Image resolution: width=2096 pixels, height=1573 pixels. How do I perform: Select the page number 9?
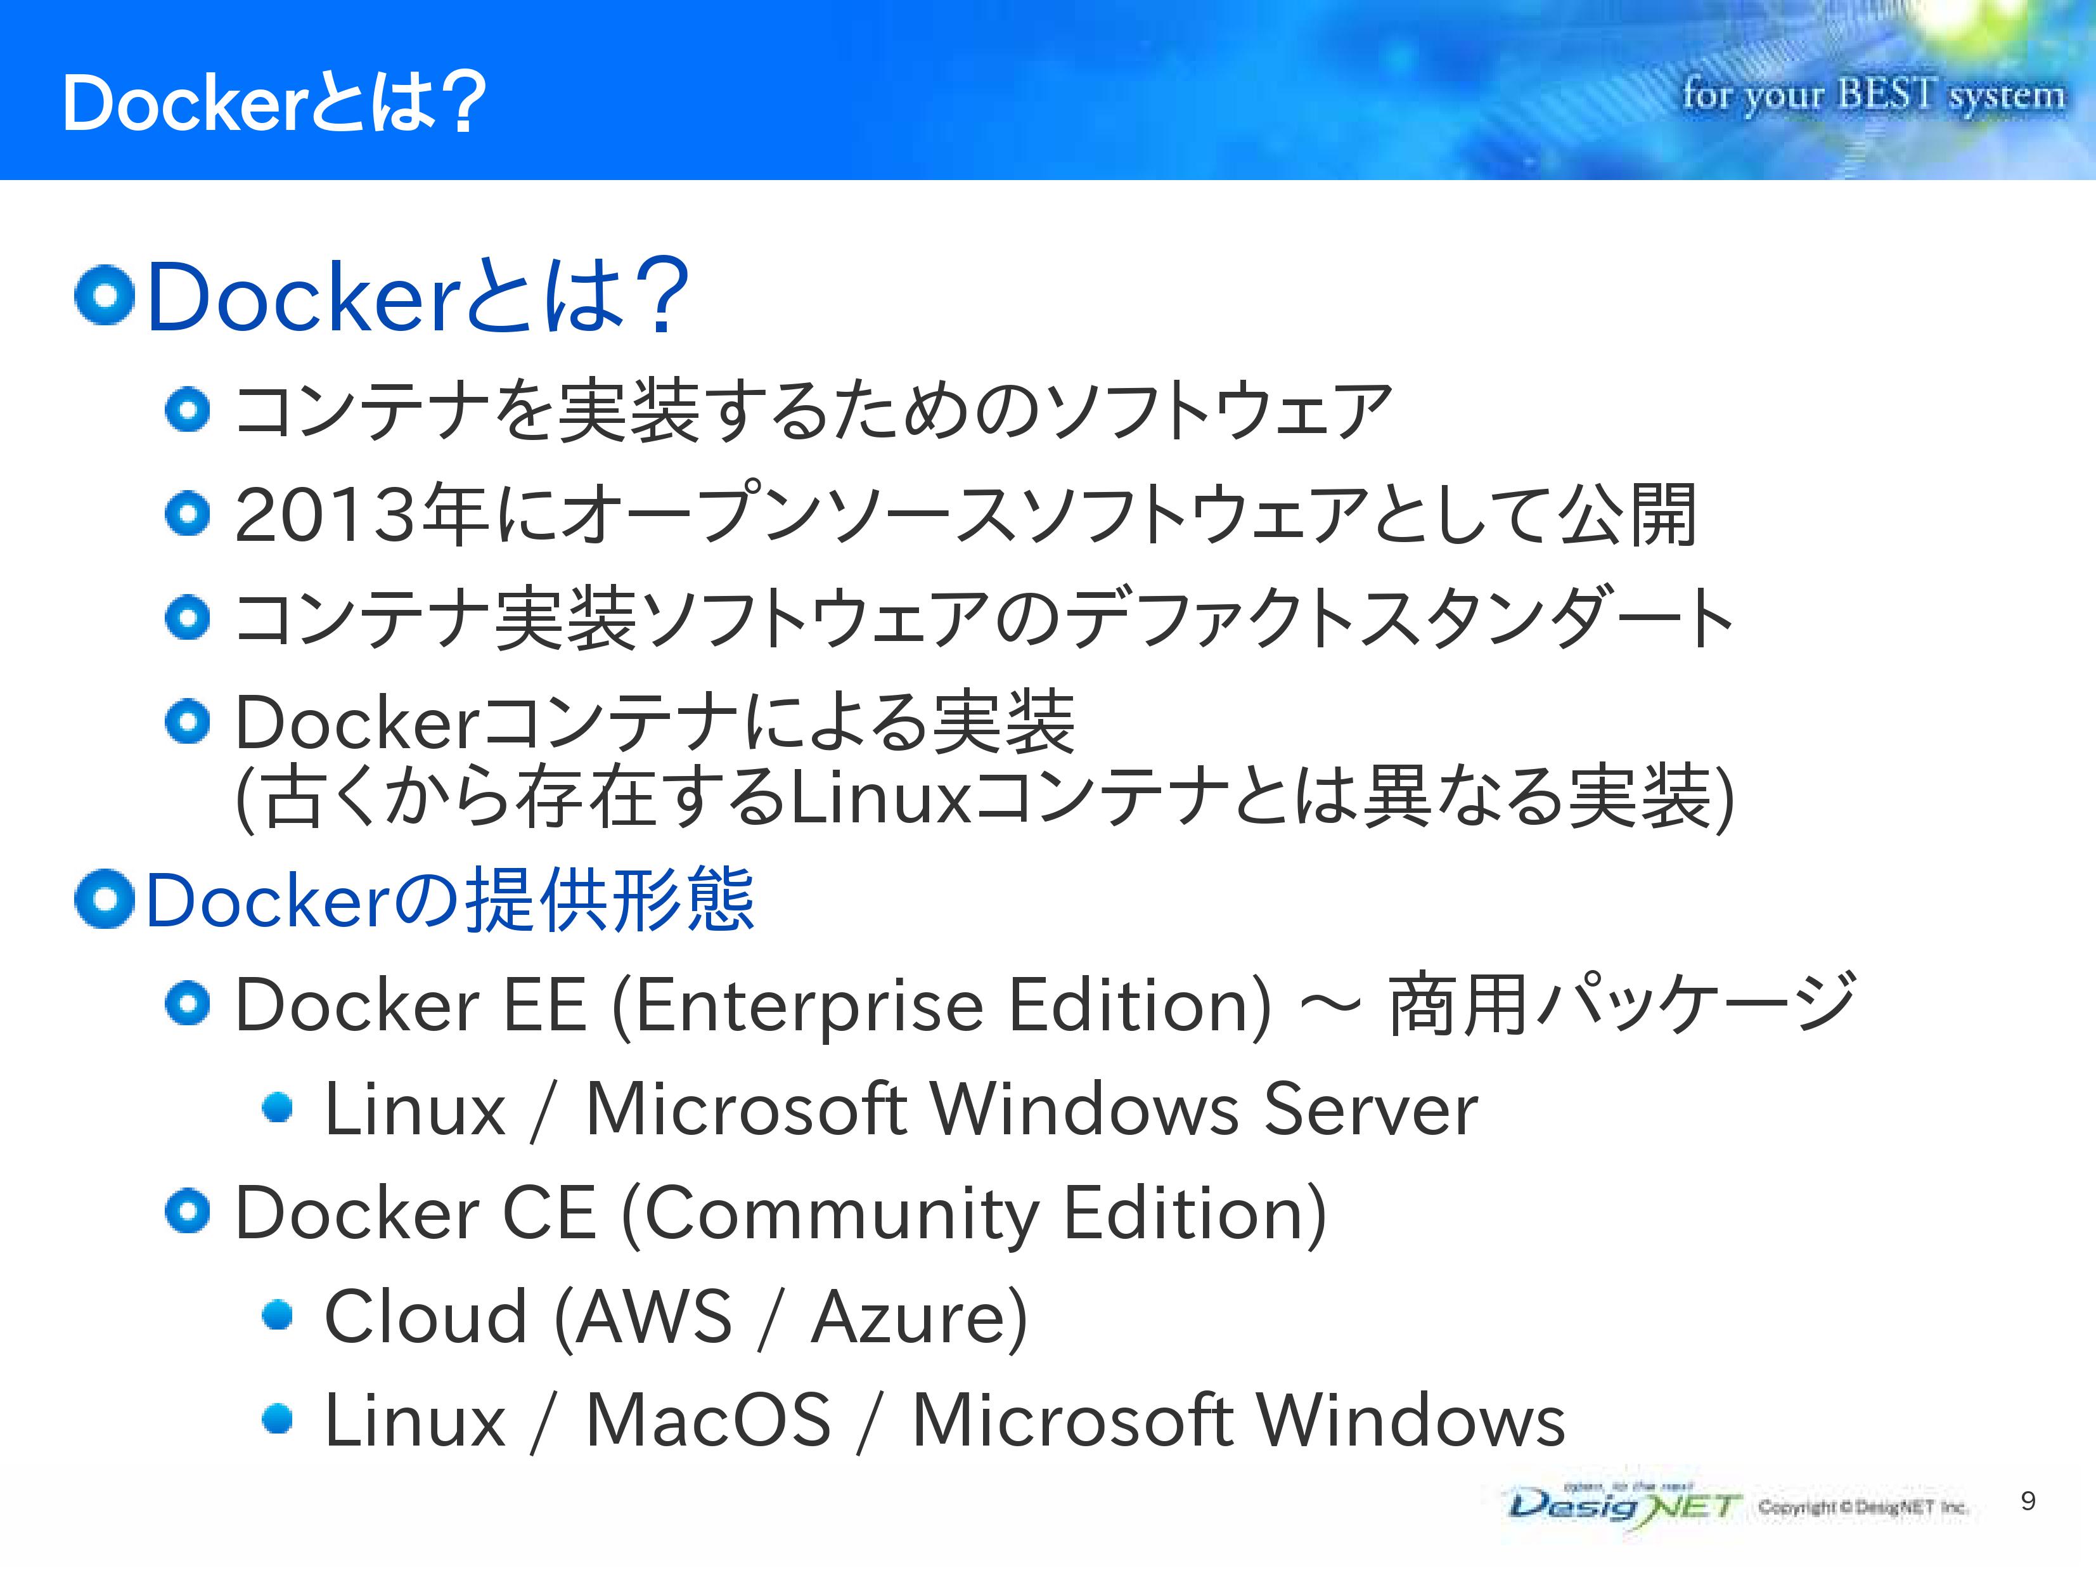2028,1500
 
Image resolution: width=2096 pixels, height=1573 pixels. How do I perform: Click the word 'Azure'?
908,1317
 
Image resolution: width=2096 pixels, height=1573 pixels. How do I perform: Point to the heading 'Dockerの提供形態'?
450,900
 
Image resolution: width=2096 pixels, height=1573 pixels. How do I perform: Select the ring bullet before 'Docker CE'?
187,1212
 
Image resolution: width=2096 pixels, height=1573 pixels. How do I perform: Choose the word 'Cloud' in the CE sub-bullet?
425,1317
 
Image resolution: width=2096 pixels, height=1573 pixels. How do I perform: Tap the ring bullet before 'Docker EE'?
187,1004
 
